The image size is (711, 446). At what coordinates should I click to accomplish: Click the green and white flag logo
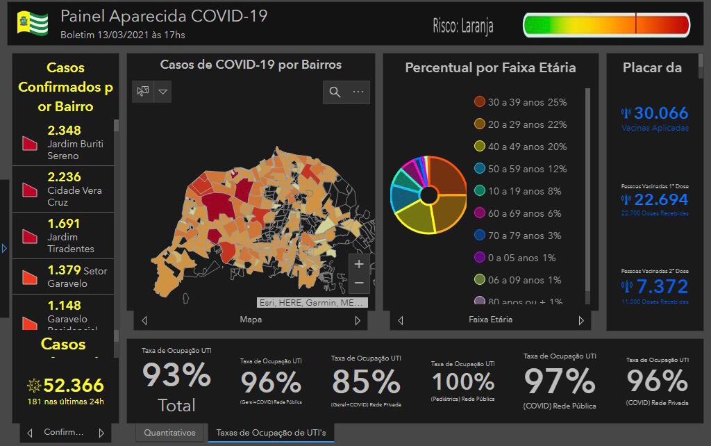point(33,23)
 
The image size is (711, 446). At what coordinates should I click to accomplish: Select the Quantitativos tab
point(170,433)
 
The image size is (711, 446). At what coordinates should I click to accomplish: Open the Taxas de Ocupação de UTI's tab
point(271,433)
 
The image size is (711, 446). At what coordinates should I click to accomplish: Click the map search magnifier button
point(335,92)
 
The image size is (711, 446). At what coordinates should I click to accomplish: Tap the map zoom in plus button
point(359,264)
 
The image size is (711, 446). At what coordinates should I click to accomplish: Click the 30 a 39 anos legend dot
point(479,102)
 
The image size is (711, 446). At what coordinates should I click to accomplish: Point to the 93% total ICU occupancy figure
point(176,376)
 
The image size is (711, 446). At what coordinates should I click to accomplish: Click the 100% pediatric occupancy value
point(463,381)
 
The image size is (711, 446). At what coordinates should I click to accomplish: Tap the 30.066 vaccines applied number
point(661,113)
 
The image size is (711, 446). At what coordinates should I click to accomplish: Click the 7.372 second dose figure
point(662,286)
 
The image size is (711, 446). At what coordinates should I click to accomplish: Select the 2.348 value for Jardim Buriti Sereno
point(65,130)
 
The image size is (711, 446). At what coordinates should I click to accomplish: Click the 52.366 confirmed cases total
point(74,386)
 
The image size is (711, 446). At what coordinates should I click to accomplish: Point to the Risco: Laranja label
point(463,26)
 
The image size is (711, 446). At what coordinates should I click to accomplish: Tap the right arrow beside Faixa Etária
point(581,320)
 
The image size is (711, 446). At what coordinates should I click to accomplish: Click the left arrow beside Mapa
point(144,320)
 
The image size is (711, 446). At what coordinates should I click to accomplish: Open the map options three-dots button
point(358,92)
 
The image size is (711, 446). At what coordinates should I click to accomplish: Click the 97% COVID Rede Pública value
point(560,381)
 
